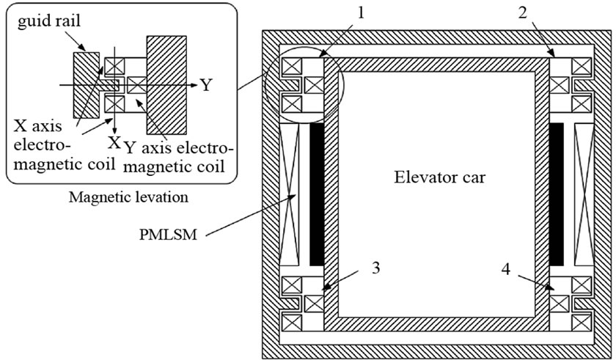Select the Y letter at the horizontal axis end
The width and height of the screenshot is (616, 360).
[x=207, y=85]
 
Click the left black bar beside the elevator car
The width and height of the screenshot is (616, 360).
[x=318, y=194]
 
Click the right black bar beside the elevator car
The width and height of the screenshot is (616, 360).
[x=556, y=194]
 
